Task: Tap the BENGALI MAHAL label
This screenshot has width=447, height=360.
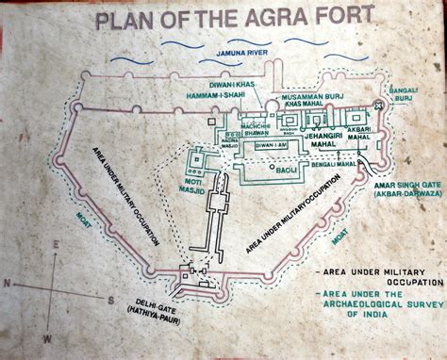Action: [x=334, y=164]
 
